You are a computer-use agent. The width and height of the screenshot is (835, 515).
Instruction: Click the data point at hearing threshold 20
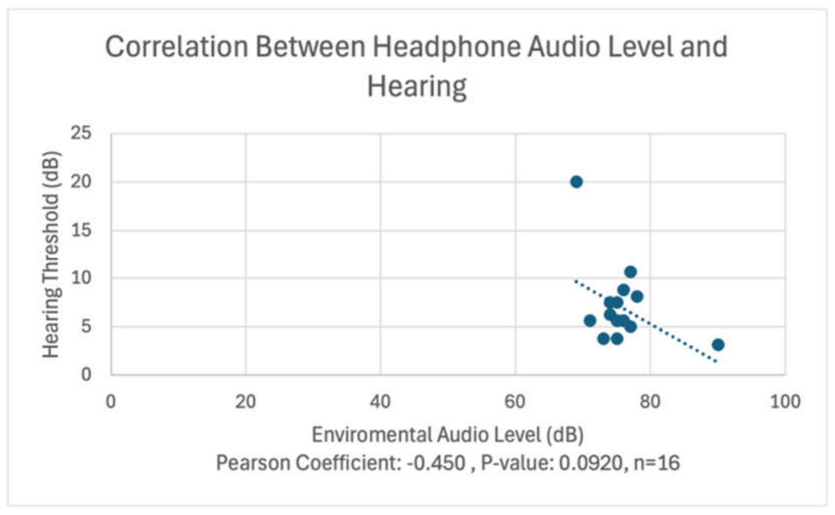576,181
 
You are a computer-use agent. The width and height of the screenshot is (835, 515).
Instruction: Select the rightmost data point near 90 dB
718,345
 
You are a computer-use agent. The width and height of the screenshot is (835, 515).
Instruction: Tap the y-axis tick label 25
81,132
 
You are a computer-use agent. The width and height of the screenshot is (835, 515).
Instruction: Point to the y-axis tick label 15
81,230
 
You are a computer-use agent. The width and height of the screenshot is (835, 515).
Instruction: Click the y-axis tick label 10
81,277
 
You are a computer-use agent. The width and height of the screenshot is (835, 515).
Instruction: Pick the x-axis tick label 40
380,401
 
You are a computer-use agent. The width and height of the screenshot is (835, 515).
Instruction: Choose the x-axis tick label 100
785,401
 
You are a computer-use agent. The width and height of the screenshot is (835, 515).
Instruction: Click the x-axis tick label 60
515,401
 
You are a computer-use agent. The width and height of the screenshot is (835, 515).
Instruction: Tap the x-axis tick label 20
246,401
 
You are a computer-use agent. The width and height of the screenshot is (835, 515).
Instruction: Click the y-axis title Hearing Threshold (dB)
51,255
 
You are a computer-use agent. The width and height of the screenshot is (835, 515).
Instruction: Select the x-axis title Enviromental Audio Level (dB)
447,434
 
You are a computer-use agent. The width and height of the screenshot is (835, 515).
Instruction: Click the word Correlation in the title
177,46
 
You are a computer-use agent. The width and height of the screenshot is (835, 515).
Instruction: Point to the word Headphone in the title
446,48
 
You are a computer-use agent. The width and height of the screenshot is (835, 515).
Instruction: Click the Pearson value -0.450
435,462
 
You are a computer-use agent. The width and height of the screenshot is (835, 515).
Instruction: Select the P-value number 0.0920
591,463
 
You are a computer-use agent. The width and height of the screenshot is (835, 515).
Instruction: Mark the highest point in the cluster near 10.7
631,272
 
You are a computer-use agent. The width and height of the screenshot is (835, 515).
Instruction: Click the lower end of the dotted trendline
717,362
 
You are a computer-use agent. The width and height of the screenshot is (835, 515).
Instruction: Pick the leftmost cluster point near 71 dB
589,320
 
